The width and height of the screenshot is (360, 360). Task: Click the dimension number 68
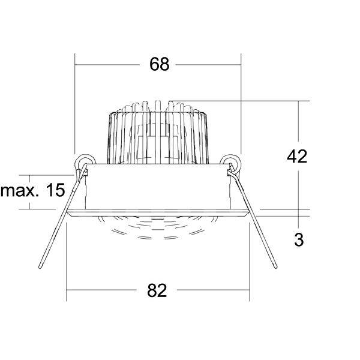pos(160,64)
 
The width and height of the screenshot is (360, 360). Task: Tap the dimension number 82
pos(157,290)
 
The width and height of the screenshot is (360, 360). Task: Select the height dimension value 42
pos(297,157)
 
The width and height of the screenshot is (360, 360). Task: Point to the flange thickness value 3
pos(299,240)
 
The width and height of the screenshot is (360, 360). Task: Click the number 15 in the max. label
pos(55,190)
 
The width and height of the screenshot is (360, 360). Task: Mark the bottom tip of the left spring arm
pos(40,267)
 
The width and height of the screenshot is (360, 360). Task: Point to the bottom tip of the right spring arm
pos(275,267)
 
